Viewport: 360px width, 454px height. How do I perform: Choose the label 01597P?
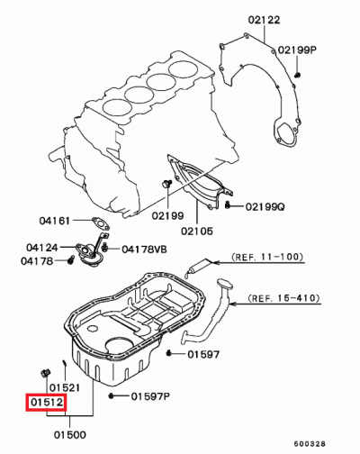pos(150,396)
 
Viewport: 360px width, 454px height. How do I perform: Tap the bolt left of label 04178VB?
pos(106,247)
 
